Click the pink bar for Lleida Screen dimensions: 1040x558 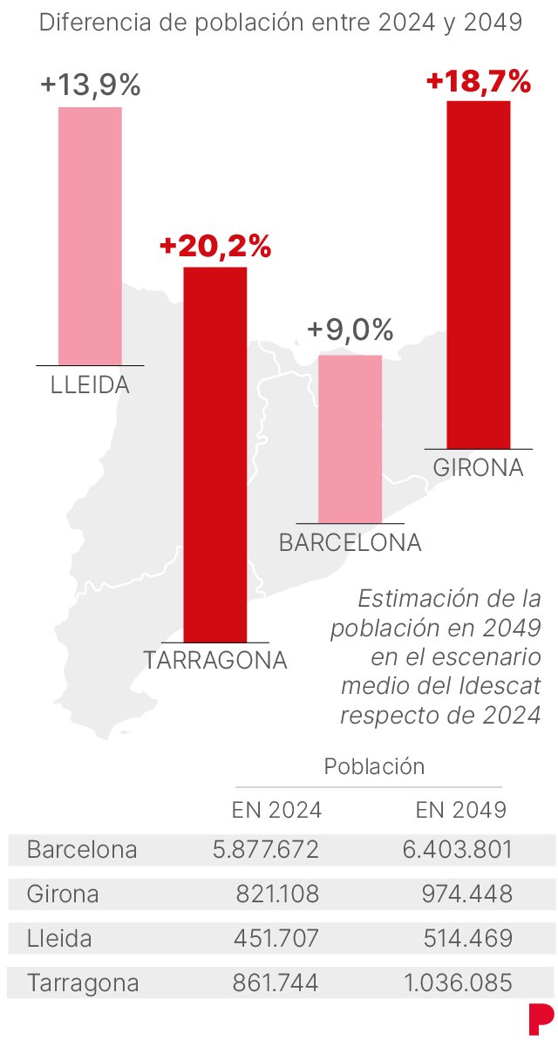[x=90, y=235]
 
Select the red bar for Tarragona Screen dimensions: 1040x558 [x=214, y=453]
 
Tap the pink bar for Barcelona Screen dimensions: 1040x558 [x=350, y=438]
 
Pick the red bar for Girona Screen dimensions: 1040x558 [x=478, y=275]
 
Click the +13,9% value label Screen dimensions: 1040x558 [x=90, y=85]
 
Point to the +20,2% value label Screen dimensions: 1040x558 [x=215, y=247]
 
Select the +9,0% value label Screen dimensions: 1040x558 [x=350, y=330]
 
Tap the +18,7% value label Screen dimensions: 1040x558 [x=479, y=82]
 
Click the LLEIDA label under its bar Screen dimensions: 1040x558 [x=90, y=385]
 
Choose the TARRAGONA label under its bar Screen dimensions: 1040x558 [x=215, y=660]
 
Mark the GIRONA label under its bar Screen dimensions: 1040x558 [x=479, y=468]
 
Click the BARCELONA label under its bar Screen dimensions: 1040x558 [x=350, y=543]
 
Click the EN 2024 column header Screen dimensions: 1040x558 [x=276, y=810]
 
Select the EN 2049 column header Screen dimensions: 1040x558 [x=461, y=810]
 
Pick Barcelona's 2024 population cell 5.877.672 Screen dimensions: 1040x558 [x=266, y=850]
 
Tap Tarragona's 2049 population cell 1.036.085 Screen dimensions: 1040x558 [x=458, y=984]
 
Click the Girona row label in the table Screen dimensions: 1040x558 [x=63, y=894]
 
